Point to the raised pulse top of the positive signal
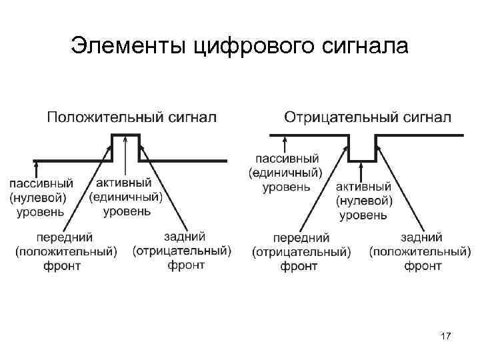(125, 135)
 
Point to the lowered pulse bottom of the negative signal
(362, 161)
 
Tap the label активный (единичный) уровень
(127, 197)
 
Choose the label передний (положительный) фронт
(65, 251)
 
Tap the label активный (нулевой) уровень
(363, 201)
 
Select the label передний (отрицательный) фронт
(301, 252)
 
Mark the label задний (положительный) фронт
(420, 251)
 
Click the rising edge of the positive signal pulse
(112, 147)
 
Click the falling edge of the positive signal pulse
(139, 147)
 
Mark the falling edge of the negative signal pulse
(350, 148)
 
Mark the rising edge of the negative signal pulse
(375, 148)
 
